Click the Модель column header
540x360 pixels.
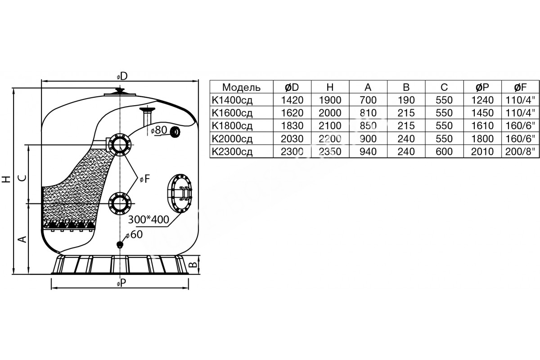click(x=241, y=87)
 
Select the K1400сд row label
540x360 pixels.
click(x=232, y=100)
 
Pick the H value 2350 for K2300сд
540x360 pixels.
click(x=330, y=152)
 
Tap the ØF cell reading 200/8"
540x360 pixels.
click(x=520, y=152)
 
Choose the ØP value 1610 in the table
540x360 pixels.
click(x=482, y=126)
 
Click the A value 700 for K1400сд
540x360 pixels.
click(x=368, y=100)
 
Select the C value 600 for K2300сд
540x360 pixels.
click(x=444, y=152)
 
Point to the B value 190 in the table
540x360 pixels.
click(x=406, y=100)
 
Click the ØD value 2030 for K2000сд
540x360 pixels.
click(x=292, y=139)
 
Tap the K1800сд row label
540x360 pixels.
click(x=232, y=126)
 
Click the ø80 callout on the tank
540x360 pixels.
click(x=159, y=130)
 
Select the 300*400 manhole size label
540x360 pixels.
click(x=148, y=220)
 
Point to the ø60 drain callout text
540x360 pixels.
click(x=134, y=234)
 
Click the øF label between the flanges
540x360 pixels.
click(x=145, y=179)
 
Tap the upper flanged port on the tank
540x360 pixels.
click(x=120, y=145)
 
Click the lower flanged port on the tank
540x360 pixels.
click(x=120, y=203)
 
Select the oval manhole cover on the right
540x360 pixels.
click(x=180, y=193)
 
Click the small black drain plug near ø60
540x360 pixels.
click(x=120, y=245)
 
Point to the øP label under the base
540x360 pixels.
click(x=121, y=284)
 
